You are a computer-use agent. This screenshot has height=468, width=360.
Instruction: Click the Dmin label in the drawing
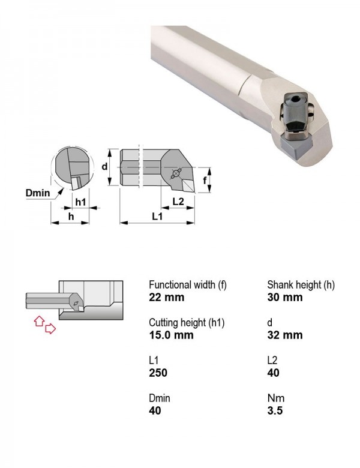click(x=38, y=193)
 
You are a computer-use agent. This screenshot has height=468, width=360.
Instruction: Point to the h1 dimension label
click(x=80, y=202)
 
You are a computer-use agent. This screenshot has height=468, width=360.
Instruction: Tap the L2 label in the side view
click(x=178, y=202)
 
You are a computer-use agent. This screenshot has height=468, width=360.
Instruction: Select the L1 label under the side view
click(x=157, y=217)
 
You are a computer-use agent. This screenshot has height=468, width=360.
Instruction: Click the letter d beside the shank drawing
click(x=104, y=166)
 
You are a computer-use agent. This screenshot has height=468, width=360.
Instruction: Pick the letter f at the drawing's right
click(x=205, y=180)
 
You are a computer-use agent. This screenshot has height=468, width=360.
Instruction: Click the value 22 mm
click(x=167, y=297)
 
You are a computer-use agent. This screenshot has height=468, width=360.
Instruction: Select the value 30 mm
click(x=285, y=297)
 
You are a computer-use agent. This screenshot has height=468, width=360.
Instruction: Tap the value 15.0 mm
click(x=172, y=335)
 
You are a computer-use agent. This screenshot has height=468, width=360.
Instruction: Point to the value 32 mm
click(x=285, y=335)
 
